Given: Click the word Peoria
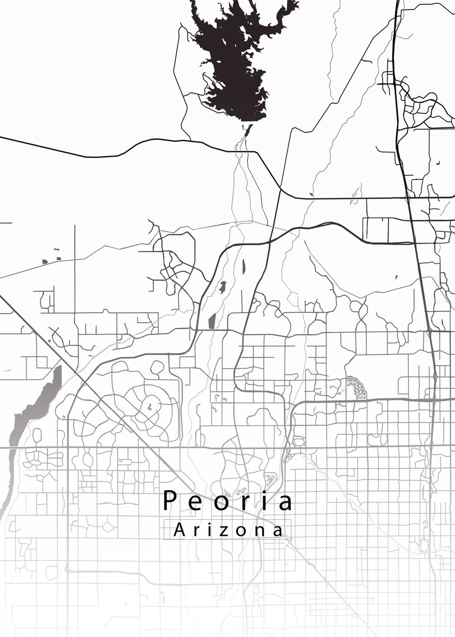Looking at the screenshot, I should pos(227,501).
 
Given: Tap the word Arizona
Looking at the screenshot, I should pos(228,530).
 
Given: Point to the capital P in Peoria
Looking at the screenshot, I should pos(169,501).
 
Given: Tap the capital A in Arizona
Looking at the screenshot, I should pos(179,529).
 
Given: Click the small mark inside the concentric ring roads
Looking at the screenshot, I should pos(150,407).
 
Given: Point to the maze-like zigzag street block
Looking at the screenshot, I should pos(357,389).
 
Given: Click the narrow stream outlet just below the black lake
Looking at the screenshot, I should pos(246,131).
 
